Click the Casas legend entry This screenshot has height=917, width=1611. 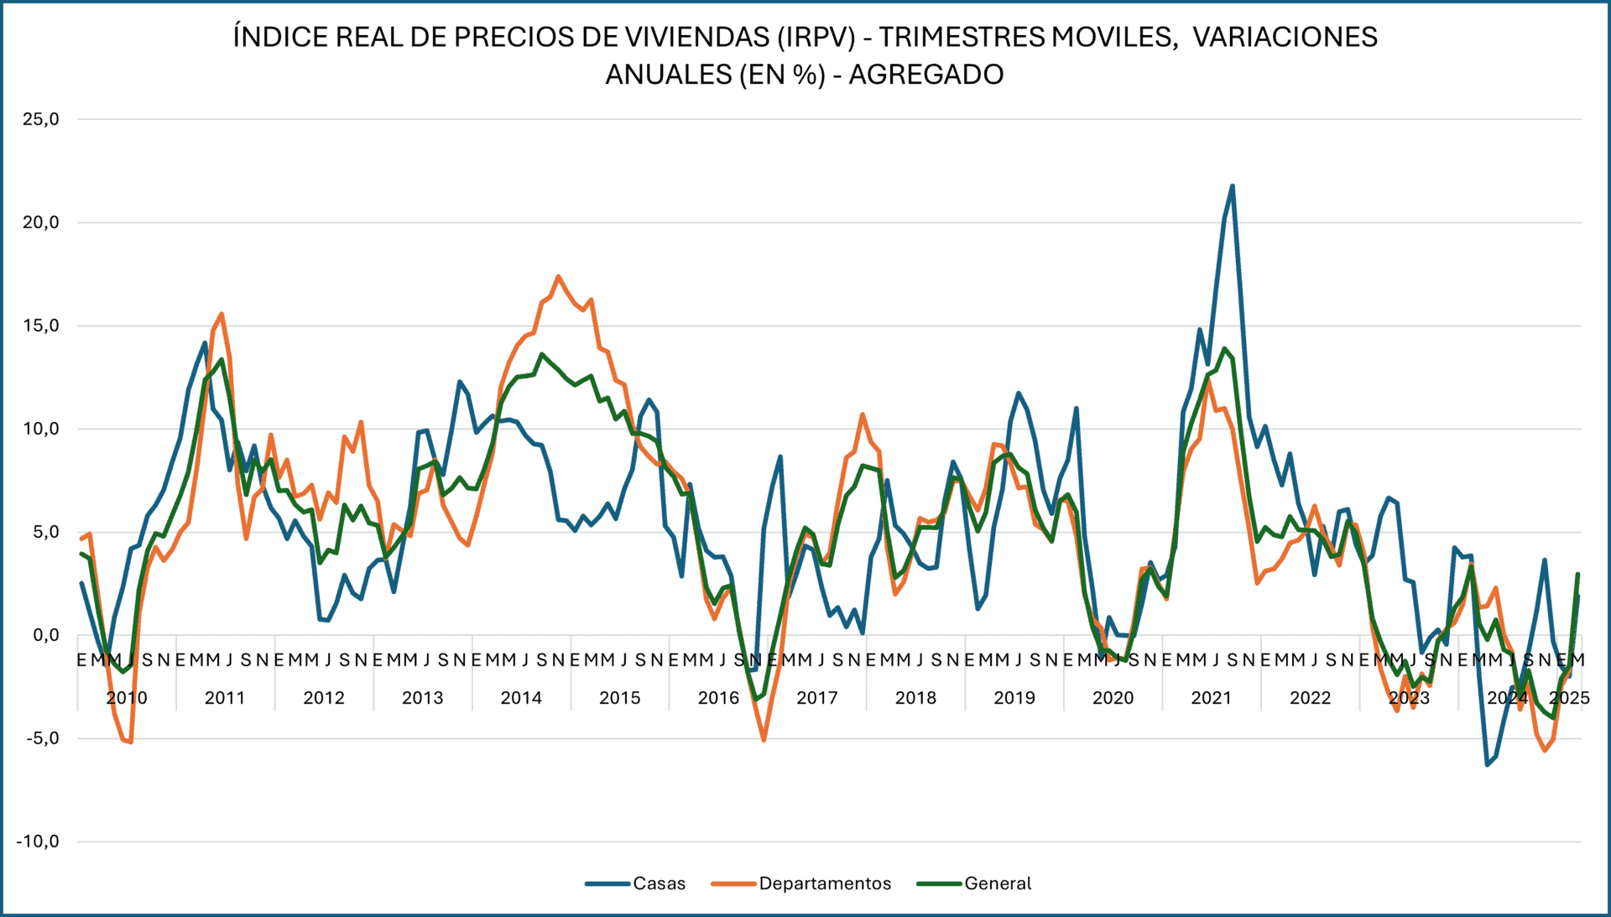tap(658, 883)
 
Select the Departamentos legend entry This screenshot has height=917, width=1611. tap(824, 883)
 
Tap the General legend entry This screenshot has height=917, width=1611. tap(997, 883)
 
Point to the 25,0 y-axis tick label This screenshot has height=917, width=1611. tap(40, 119)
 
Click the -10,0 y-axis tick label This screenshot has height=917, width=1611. tap(37, 841)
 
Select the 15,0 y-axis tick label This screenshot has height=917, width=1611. tap(40, 326)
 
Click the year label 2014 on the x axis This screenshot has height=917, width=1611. tap(521, 698)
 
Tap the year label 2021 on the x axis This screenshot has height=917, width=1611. tap(1211, 698)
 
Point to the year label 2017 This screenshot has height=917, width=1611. tap(816, 698)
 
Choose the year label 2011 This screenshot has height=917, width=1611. tap(225, 698)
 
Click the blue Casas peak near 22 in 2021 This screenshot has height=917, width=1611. tap(1232, 186)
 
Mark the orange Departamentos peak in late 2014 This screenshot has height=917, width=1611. tap(558, 276)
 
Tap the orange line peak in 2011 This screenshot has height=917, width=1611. tap(221, 314)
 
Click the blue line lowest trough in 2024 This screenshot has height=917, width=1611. tap(1487, 764)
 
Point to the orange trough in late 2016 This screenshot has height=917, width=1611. tap(764, 740)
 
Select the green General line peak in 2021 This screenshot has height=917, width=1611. tap(1224, 348)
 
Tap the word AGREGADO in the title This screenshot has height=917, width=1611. tap(925, 75)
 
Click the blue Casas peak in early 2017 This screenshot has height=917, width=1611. tap(780, 457)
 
